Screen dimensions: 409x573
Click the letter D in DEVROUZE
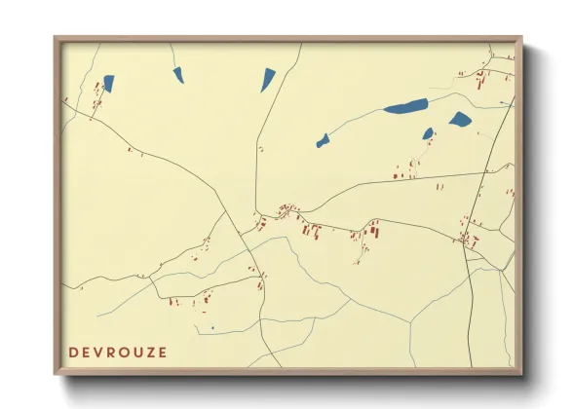(x=74, y=353)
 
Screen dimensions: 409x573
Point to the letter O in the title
(x=123, y=353)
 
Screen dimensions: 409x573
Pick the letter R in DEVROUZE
(x=111, y=353)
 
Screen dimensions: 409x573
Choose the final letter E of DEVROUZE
(x=161, y=353)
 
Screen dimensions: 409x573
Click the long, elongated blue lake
(x=405, y=106)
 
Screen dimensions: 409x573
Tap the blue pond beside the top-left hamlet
(x=108, y=84)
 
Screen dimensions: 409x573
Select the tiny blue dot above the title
(x=212, y=328)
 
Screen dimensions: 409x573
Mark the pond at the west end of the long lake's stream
(x=323, y=140)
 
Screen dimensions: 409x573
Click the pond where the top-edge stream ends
(x=178, y=73)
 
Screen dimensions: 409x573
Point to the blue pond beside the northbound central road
(x=268, y=79)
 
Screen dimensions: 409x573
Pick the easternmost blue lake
(x=460, y=120)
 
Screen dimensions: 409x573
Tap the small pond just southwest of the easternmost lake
(x=428, y=133)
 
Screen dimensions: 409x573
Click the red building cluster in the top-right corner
(x=481, y=77)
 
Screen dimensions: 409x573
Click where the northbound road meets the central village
(x=256, y=213)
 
